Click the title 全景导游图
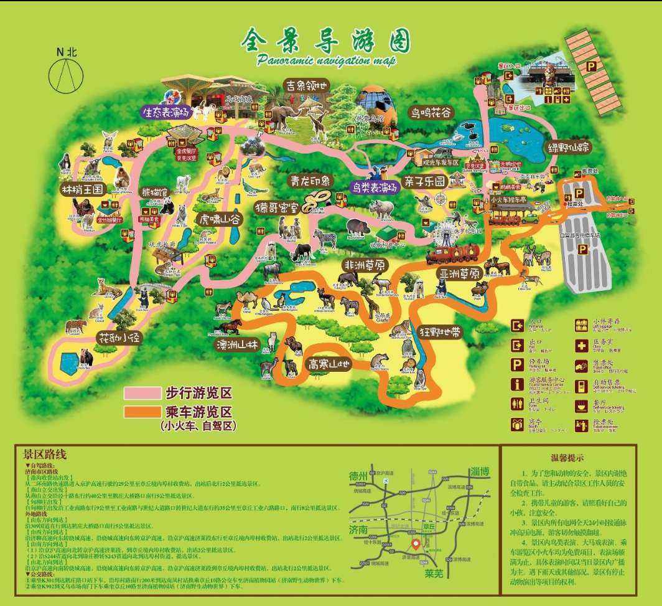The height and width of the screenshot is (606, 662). [x=325, y=42]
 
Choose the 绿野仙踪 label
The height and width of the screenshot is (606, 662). [x=569, y=148]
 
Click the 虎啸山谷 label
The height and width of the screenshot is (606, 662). [x=220, y=219]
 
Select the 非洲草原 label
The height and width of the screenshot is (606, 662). [x=366, y=265]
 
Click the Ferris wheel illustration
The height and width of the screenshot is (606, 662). [x=446, y=234]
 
